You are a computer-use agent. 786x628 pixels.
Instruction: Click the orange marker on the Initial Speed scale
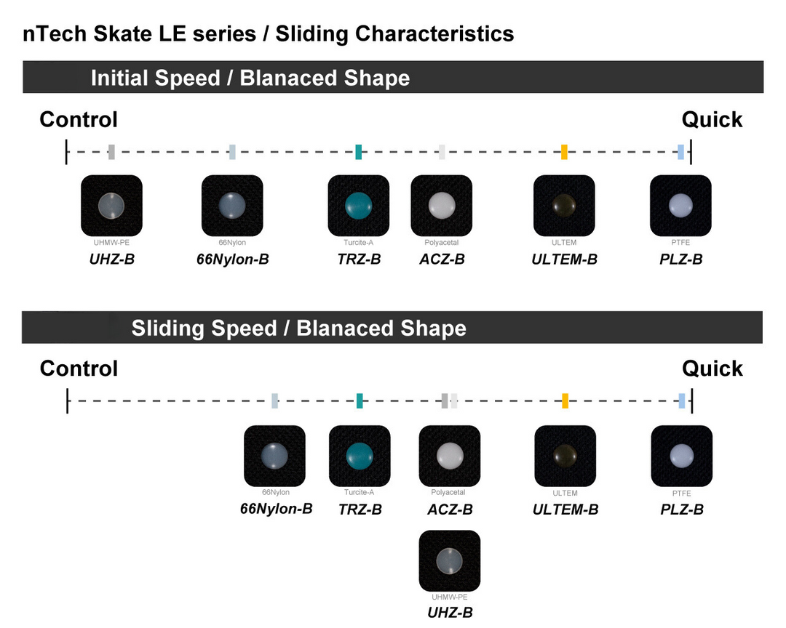pos(564,152)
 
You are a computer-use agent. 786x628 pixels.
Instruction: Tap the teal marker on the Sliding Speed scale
pos(360,400)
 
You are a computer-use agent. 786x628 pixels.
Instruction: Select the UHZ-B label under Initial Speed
pos(111,259)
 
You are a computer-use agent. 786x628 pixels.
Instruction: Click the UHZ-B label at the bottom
pos(449,612)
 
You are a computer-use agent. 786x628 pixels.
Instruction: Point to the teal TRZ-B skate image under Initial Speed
pos(359,206)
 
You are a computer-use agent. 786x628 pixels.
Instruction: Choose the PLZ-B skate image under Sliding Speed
pos(681,456)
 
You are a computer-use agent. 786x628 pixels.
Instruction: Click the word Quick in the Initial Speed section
pos(712,120)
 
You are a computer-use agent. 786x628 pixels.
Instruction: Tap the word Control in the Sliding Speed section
pos(79,369)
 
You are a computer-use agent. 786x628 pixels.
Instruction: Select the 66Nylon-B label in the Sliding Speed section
pos(277,509)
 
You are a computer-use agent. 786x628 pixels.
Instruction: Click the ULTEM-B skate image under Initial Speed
pos(564,206)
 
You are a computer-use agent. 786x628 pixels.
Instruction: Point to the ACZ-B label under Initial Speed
pos(442,259)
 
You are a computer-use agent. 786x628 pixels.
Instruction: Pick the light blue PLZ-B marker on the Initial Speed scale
pos(680,152)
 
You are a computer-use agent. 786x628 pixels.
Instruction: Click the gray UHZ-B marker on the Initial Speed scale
pos(111,152)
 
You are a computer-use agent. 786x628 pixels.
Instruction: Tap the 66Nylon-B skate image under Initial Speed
pos(232,206)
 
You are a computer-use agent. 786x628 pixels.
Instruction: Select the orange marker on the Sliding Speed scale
pos(565,400)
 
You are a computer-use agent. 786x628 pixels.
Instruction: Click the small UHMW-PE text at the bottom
pos(449,597)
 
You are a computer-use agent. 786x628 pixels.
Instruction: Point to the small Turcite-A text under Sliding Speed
pos(360,493)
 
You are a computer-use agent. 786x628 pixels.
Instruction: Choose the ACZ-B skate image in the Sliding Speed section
pos(450,456)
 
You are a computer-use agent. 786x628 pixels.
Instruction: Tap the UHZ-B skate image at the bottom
pos(449,560)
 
